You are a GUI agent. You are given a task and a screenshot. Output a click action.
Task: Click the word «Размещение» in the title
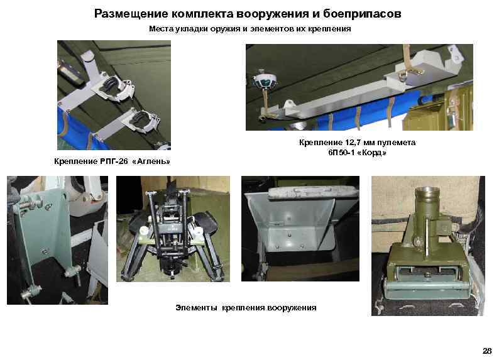(131, 14)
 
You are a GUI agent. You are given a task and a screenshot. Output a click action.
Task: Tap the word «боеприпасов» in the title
(362, 14)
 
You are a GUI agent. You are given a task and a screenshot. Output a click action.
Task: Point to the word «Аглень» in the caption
(151, 161)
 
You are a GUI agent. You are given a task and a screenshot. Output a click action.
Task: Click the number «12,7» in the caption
(353, 143)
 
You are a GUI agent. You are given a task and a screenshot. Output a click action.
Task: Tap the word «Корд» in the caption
(372, 153)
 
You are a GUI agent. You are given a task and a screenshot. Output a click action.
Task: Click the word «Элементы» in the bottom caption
(196, 308)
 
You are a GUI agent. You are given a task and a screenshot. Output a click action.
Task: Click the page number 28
(487, 351)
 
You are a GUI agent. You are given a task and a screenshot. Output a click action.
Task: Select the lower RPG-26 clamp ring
(143, 120)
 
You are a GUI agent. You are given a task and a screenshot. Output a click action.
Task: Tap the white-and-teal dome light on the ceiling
(265, 81)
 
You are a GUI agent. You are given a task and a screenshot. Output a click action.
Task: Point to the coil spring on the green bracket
(30, 202)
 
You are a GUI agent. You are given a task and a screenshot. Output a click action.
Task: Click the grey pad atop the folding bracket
(313, 194)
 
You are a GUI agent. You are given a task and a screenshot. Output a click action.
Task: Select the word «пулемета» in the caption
(397, 143)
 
